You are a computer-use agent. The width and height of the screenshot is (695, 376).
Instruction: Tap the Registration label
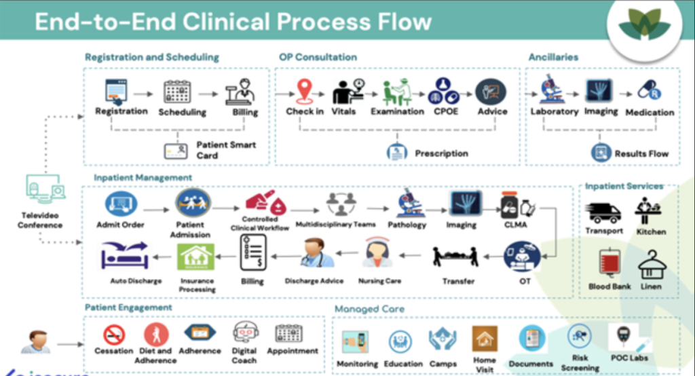[x=121, y=111]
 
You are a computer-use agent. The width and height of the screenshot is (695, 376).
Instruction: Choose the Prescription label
[x=441, y=153]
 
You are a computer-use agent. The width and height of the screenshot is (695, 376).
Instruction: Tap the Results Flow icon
[x=601, y=153]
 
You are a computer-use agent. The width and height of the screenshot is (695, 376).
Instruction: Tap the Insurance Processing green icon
[x=196, y=259]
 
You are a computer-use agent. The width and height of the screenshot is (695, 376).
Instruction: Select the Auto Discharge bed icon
[x=126, y=257]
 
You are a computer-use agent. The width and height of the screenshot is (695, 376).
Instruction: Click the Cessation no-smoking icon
[x=113, y=334]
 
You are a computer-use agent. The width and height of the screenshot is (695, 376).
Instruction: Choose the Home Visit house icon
[x=485, y=337]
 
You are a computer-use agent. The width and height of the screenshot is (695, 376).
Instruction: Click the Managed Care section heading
[x=369, y=309]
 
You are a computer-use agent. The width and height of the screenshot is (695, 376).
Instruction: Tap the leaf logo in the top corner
[x=644, y=25]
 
